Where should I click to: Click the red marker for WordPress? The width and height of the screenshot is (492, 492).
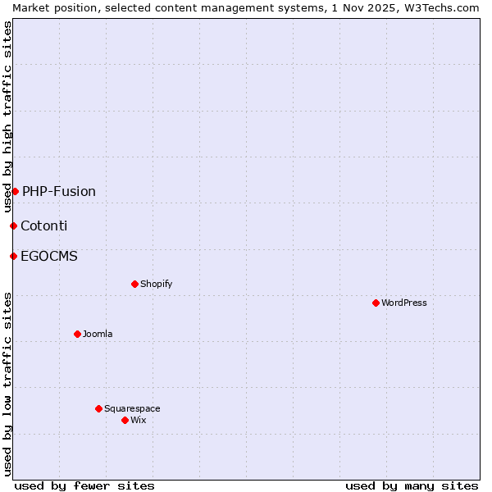[376, 303]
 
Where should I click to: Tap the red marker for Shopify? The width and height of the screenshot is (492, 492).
[134, 284]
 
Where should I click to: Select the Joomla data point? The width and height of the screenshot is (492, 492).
[77, 334]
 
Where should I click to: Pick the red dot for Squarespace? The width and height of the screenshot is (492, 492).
[98, 408]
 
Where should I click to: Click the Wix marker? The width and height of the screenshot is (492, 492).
[125, 420]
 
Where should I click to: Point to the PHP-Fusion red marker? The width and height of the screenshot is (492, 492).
[15, 191]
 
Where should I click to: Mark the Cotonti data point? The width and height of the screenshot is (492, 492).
[13, 225]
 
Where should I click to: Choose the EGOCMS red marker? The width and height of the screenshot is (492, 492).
[13, 256]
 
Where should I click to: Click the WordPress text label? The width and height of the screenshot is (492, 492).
[404, 303]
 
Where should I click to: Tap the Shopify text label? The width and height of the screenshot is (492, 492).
[156, 284]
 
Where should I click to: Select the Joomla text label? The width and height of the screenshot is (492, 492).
[98, 334]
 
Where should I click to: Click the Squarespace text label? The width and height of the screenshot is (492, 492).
[132, 408]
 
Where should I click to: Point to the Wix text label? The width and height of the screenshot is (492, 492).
[138, 420]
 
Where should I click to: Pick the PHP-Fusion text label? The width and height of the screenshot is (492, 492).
[59, 191]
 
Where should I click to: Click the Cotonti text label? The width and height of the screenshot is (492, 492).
[44, 225]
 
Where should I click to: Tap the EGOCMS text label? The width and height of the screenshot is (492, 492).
[49, 256]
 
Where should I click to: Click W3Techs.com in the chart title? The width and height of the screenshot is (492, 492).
[444, 7]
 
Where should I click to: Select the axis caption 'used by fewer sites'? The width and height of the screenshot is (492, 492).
[84, 485]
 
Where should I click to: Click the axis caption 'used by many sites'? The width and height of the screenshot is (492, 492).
[412, 485]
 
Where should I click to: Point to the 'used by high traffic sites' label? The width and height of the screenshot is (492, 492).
[7, 116]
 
